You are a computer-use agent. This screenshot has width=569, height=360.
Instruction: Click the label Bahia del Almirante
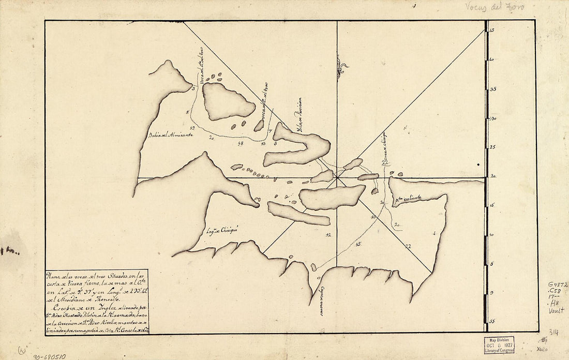pos(170,135)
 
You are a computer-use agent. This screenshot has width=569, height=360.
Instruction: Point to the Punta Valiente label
pos(408,198)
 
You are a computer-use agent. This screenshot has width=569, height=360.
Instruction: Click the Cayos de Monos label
pos(321,301)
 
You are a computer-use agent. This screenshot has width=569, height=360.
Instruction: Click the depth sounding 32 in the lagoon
pos(328,235)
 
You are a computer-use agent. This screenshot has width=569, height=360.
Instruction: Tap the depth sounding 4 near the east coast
pos(434,233)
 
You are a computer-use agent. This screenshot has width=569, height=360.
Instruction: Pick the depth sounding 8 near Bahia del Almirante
pos(187,112)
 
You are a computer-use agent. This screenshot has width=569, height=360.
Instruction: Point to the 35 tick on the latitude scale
pos(492,89)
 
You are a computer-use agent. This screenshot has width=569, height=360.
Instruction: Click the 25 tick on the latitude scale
pos(492,147)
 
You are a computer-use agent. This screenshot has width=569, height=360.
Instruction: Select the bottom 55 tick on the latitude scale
pos(492,321)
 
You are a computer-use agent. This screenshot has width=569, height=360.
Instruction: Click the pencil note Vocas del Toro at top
pos(495,7)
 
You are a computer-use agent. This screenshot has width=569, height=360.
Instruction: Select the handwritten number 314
pos(553,332)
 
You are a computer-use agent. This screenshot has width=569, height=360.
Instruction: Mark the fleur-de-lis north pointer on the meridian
pos(340,67)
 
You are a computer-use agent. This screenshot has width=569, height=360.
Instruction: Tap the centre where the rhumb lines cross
pos(337,178)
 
